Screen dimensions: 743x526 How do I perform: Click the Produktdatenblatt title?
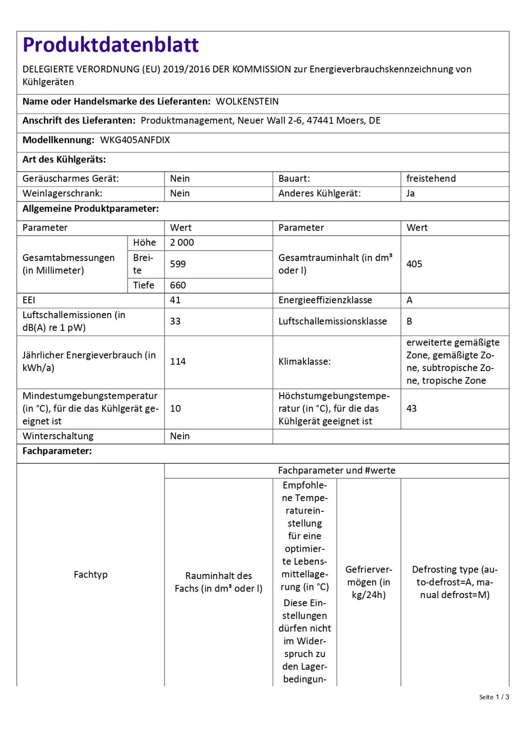click(111, 45)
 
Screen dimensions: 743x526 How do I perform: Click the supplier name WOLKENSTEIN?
click(247, 101)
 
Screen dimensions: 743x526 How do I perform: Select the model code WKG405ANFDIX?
click(135, 140)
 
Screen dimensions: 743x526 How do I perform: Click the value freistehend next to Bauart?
click(431, 178)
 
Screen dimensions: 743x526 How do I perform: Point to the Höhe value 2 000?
click(182, 242)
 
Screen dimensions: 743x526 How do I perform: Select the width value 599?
click(178, 264)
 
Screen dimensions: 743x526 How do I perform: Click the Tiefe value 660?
click(178, 285)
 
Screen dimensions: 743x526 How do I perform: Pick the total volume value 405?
click(414, 264)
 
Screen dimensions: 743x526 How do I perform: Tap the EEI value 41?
click(175, 300)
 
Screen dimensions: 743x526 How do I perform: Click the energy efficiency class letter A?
click(409, 300)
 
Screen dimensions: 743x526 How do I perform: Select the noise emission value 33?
click(175, 321)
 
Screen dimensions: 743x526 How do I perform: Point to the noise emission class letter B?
click(409, 321)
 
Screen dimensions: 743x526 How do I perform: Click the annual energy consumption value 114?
click(178, 361)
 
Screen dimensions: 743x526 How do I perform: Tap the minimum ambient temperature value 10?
click(175, 408)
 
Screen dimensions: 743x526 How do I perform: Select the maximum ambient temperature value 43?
click(412, 408)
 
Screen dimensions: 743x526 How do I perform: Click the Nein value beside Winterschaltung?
click(180, 436)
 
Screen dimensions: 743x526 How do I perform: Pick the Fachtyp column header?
click(91, 574)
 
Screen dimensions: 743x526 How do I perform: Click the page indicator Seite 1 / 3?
click(494, 697)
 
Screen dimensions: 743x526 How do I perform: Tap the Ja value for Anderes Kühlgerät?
click(410, 193)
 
